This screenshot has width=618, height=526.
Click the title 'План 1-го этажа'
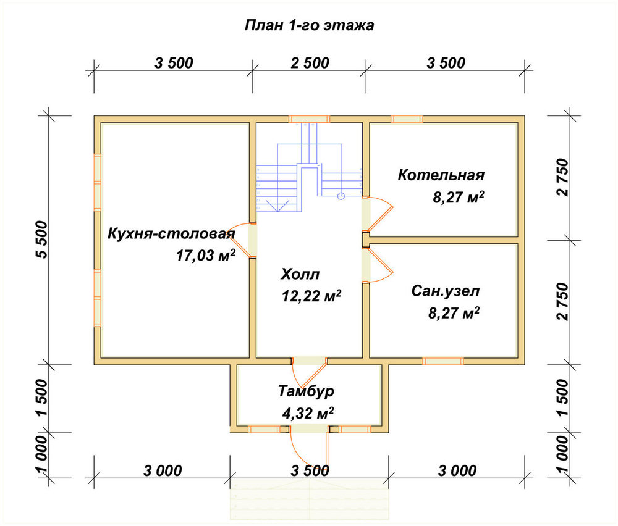tap(310, 25)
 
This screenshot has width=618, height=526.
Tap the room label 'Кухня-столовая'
tap(171, 233)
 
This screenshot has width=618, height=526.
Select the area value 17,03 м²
tap(206, 256)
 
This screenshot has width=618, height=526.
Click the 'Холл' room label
tap(300, 274)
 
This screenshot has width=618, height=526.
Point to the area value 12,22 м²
tap(311, 296)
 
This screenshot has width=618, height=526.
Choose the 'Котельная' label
tap(441, 175)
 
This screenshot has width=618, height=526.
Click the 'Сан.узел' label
tap(446, 291)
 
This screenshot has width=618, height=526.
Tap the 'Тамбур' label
tap(307, 391)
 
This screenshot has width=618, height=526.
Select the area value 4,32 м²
tap(308, 413)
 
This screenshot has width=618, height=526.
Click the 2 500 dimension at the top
tap(310, 63)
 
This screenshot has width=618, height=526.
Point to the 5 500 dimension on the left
tap(42, 240)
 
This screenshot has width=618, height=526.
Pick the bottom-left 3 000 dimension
tap(163, 470)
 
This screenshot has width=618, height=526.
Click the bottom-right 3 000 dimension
tap(457, 470)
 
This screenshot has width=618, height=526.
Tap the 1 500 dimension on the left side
tap(42, 398)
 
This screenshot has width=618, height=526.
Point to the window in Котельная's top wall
tap(407, 119)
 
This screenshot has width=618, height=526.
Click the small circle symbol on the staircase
tap(341, 196)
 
